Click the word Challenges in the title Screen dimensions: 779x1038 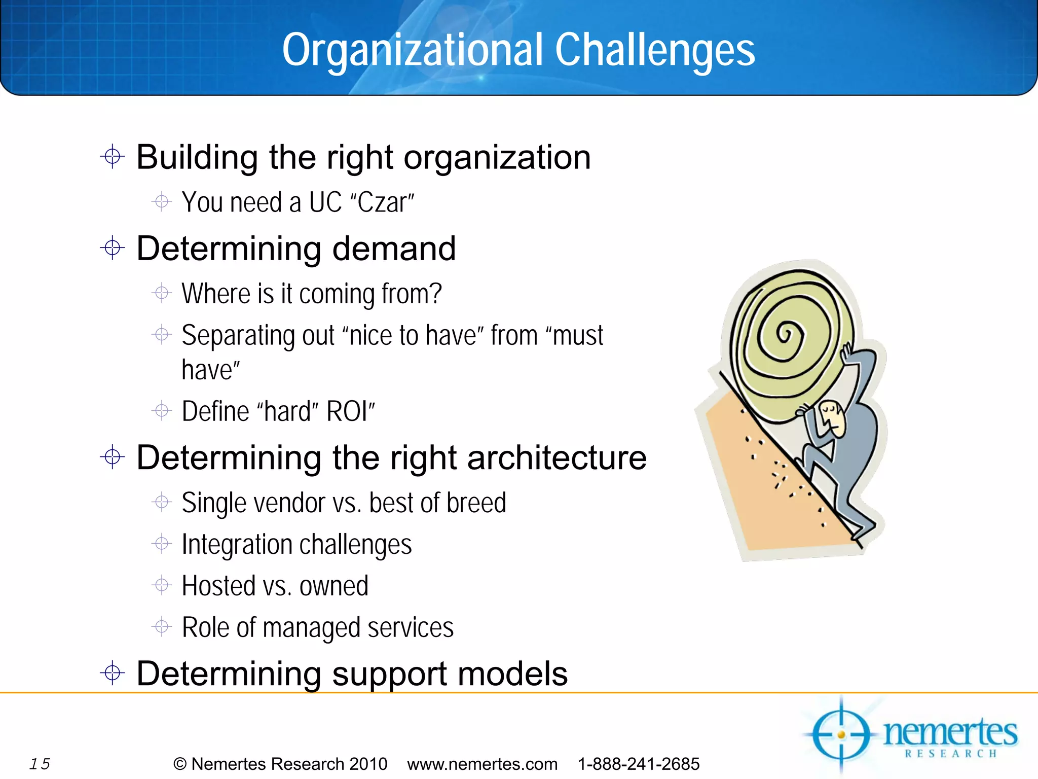coord(654,50)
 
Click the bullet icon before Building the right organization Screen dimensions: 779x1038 coord(113,156)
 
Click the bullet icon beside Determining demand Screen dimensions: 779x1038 coord(113,248)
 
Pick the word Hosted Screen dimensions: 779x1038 coord(218,586)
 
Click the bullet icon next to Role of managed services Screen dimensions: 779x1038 coord(162,627)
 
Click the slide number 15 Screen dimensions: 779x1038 coord(40,764)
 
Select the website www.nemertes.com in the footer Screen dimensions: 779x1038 coord(482,764)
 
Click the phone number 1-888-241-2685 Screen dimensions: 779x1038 coord(638,764)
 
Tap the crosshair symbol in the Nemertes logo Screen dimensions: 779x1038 coord(841,734)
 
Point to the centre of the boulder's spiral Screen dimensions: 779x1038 coord(785,335)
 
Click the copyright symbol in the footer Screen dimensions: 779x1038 coord(180,764)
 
